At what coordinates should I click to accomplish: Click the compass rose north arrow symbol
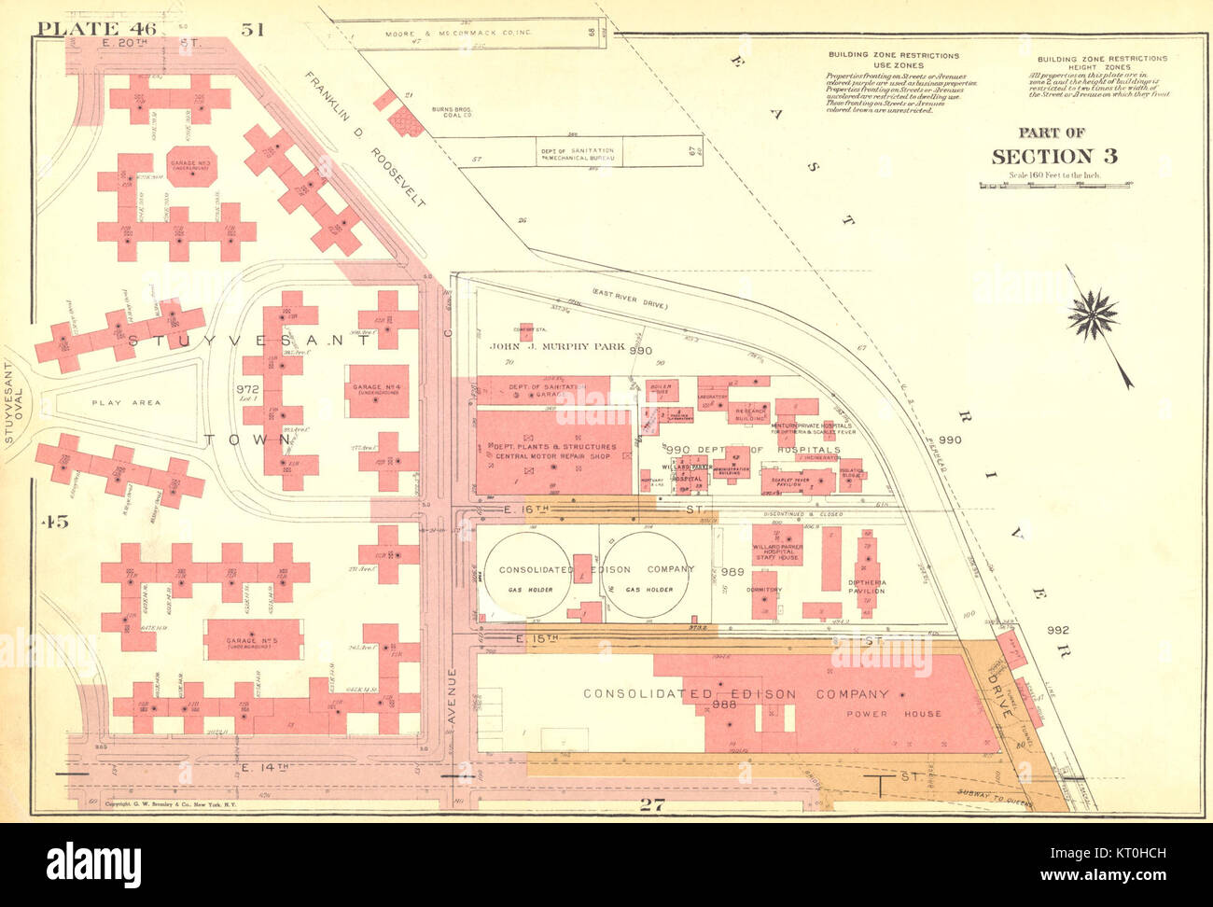pyautogui.click(x=1094, y=315)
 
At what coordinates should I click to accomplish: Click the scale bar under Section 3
pyautogui.click(x=1055, y=185)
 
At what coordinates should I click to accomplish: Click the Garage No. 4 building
pyautogui.click(x=377, y=390)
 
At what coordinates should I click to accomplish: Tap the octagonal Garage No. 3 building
pyautogui.click(x=192, y=166)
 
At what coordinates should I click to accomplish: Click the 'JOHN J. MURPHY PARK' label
pyautogui.click(x=557, y=346)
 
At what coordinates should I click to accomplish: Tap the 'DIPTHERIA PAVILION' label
pyautogui.click(x=867, y=586)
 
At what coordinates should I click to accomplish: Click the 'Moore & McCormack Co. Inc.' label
pyautogui.click(x=458, y=34)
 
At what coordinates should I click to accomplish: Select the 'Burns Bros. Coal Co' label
pyautogui.click(x=453, y=113)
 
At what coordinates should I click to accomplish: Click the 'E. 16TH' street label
pyautogui.click(x=527, y=509)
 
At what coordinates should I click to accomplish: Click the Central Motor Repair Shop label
pyautogui.click(x=551, y=452)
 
